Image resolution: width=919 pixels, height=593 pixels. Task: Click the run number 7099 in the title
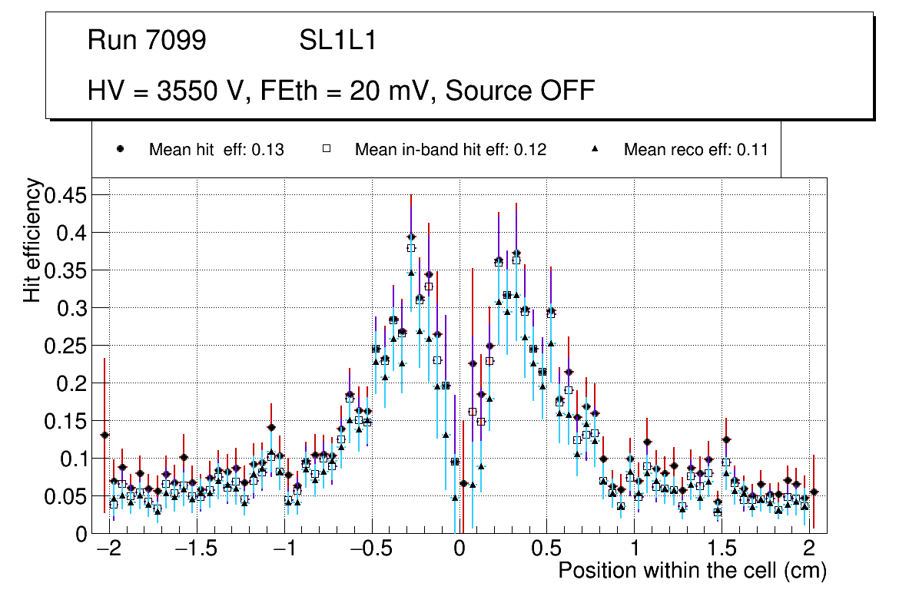tap(176, 41)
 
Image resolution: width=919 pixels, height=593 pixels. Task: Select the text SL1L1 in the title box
tap(338, 41)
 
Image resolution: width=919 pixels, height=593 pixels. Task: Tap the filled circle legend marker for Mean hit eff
tap(120, 149)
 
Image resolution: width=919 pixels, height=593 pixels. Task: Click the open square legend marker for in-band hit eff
tap(326, 149)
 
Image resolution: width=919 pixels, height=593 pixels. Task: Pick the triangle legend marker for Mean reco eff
tap(596, 149)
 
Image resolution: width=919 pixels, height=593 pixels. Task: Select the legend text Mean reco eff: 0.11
tap(695, 150)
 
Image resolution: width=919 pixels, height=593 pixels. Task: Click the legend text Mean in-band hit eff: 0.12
tap(450, 150)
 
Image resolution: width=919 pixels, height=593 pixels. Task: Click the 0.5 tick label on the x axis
tap(546, 550)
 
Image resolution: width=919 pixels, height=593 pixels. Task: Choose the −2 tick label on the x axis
tap(109, 550)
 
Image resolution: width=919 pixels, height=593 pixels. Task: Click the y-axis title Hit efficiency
tap(33, 240)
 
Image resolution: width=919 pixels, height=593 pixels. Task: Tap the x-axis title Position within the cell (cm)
tap(692, 571)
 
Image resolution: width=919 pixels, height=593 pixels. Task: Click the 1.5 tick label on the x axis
tap(722, 550)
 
